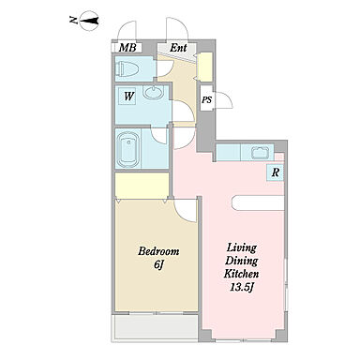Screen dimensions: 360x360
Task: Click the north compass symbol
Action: click(x=89, y=21)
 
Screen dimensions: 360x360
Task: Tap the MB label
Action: click(x=127, y=48)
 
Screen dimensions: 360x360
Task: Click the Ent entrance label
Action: click(x=178, y=48)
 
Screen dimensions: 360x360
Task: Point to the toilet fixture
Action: click(x=127, y=69)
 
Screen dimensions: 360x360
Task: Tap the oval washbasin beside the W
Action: click(x=153, y=93)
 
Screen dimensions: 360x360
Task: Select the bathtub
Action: click(x=127, y=150)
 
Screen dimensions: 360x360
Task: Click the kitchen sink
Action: click(x=261, y=153)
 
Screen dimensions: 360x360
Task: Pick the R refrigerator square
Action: click(x=275, y=172)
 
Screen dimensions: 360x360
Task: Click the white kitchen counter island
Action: click(x=258, y=202)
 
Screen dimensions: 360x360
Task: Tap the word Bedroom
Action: click(x=158, y=251)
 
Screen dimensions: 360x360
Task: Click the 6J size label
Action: click(x=158, y=264)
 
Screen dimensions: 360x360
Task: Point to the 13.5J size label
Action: click(x=241, y=288)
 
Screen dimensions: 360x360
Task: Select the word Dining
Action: click(x=242, y=261)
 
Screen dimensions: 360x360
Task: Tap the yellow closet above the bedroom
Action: click(x=142, y=185)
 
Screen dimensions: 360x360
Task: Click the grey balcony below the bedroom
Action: click(x=157, y=326)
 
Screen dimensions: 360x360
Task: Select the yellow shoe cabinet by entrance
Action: click(x=205, y=67)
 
